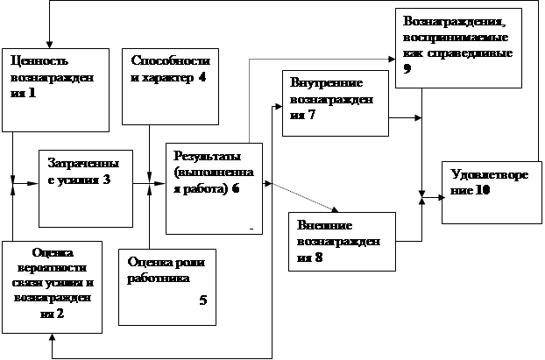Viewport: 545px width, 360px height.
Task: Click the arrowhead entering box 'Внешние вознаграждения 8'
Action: tap(336, 208)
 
